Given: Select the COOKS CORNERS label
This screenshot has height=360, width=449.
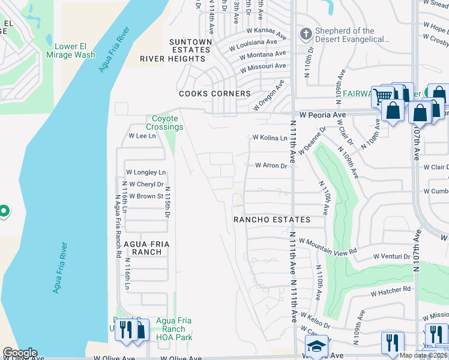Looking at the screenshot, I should coord(214,94).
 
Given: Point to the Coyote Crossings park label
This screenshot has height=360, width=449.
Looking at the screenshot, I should coord(165,123).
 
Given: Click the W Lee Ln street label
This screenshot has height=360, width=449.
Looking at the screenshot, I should coord(142,136).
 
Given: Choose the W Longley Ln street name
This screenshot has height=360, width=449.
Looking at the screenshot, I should coord(145,173).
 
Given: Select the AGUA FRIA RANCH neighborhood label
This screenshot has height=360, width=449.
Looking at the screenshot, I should coord(143,248).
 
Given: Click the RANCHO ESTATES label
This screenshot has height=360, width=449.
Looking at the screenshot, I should coord(272,220).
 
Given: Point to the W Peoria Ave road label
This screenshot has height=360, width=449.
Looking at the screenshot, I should coord(322,115).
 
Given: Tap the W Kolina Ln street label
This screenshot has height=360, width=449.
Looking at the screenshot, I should coord(270,137).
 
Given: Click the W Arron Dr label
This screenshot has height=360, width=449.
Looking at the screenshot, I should coord(271,165).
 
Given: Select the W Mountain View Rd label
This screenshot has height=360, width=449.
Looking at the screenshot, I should coord(328,246).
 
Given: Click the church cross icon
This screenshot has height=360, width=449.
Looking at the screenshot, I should coord(305,34).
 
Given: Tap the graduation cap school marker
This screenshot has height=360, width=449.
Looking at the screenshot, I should coord(316,346).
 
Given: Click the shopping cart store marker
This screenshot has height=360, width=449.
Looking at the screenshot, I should coord(382,95).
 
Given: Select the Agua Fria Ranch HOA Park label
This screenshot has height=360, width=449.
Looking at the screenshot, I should coord(173,329).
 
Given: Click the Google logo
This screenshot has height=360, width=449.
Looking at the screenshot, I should coord(20,353).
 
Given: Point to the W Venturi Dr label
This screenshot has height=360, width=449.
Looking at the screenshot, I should coord(391,256).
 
